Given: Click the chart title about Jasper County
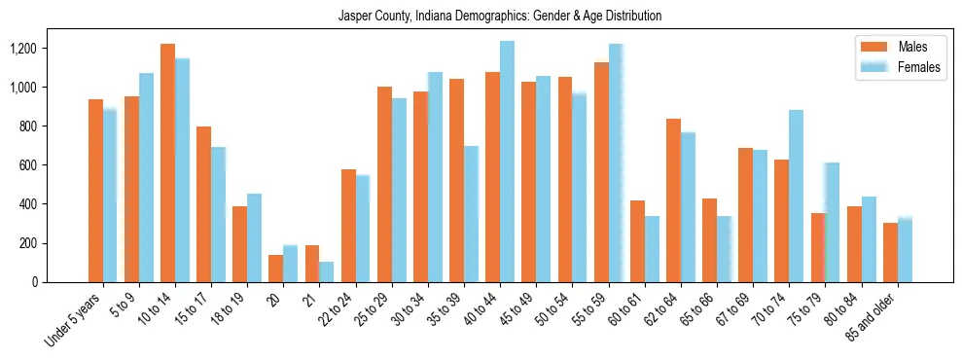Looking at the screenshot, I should click(x=499, y=17).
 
